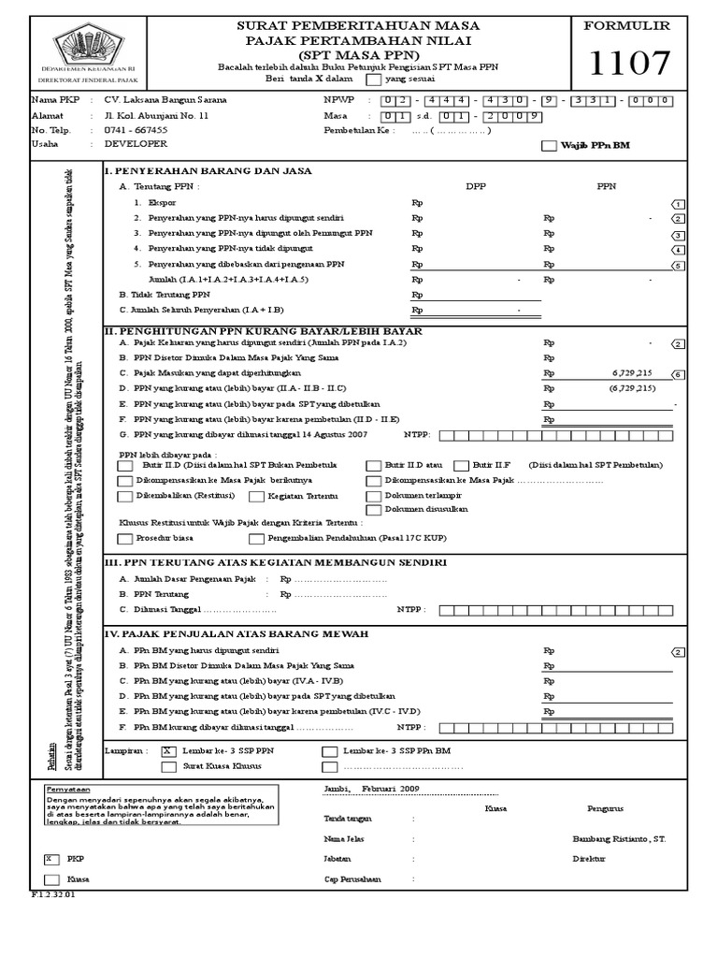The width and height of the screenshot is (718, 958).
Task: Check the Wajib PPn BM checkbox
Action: click(549, 147)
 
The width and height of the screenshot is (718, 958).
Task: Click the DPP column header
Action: click(476, 187)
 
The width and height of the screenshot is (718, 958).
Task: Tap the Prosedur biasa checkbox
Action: click(125, 539)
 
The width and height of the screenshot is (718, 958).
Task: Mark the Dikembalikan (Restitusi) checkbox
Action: click(125, 496)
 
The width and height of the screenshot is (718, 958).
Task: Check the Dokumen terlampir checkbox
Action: click(374, 496)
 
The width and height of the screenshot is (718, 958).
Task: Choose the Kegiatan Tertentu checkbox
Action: click(254, 496)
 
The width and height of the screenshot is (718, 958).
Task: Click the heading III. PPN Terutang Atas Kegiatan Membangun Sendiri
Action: click(275, 562)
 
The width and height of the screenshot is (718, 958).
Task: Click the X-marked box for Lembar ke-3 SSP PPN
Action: click(168, 751)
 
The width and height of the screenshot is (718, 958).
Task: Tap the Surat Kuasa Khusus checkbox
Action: click(168, 767)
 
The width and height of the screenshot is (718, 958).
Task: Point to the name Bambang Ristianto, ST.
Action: click(618, 839)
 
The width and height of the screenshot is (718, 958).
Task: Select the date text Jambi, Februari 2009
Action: click(371, 789)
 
